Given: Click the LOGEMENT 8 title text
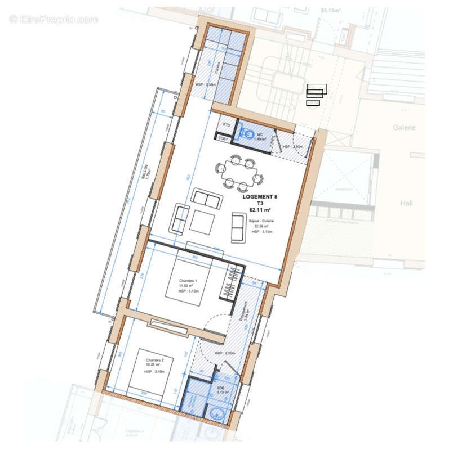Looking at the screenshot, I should click(260, 196).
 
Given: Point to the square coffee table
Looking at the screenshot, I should click(202, 220).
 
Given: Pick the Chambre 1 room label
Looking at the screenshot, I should click(189, 281).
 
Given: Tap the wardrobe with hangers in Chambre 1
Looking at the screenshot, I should click(233, 284).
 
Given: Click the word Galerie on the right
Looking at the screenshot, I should click(404, 128).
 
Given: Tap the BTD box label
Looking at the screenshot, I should click(227, 124).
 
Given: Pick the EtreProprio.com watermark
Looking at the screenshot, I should click(54, 19).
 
